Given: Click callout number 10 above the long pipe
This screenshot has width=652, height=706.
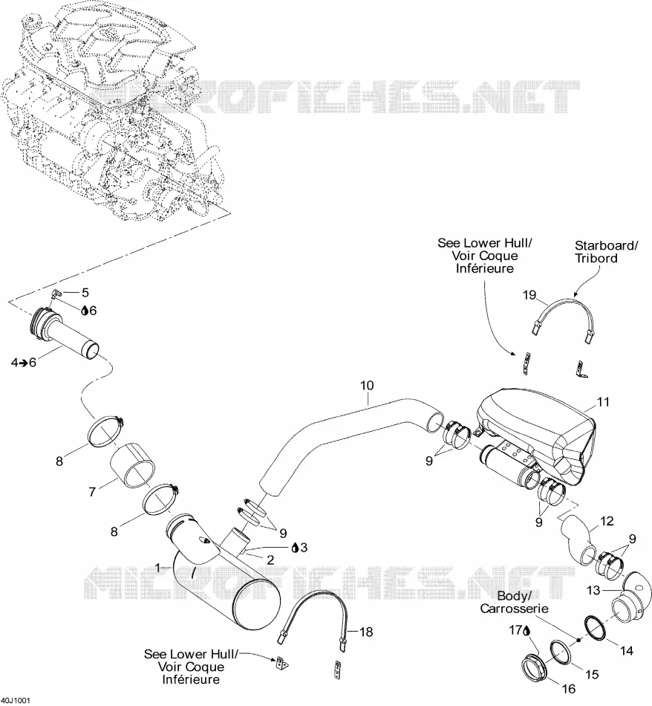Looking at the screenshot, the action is click(x=367, y=386).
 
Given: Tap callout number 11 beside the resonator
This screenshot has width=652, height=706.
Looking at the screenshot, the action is click(x=603, y=402).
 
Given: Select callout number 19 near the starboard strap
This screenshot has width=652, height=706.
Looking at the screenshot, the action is click(x=529, y=295).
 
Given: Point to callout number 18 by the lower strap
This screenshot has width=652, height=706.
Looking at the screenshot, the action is click(x=366, y=632).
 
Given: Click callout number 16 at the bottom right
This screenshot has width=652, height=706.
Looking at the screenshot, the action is click(x=569, y=689).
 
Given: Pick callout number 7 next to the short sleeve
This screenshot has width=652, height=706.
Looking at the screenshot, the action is click(x=92, y=492).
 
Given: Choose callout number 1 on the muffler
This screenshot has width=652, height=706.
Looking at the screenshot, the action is click(x=157, y=569).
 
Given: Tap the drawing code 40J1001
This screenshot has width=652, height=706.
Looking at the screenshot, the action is click(x=16, y=701).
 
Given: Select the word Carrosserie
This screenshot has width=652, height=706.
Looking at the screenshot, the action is click(x=515, y=609).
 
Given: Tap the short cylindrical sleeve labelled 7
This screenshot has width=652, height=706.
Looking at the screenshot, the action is click(x=134, y=465).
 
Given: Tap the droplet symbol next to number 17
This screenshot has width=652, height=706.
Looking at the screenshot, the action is click(x=527, y=631).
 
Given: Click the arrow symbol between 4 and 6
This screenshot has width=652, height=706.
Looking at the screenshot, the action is click(x=22, y=362).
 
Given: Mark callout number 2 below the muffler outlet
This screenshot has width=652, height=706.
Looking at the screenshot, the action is click(x=270, y=560).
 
